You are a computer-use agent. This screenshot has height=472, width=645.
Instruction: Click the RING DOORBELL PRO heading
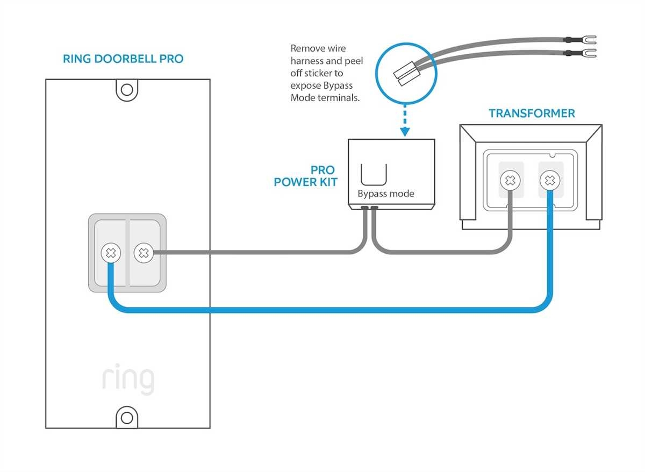123,59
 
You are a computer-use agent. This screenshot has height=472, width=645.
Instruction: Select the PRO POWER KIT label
306,176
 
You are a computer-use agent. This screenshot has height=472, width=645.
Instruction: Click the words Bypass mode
386,194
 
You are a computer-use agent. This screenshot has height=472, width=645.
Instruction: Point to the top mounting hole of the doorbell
127,89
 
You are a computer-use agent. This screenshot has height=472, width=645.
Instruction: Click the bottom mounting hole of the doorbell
127,418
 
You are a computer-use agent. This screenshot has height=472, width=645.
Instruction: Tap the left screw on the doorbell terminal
111,253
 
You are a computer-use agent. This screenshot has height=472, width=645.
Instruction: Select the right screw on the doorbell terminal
143,253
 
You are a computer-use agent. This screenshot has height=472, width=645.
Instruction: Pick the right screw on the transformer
549,181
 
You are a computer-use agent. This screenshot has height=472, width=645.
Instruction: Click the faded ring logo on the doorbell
128,379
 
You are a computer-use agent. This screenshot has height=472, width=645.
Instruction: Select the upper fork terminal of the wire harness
588,39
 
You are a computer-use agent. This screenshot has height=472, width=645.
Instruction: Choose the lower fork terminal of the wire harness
588,53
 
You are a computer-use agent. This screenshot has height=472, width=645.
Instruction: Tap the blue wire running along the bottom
322,310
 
